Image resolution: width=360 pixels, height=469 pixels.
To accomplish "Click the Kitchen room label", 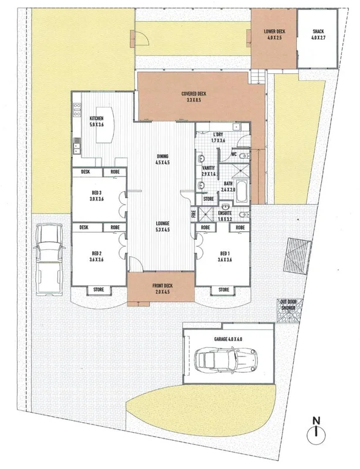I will pos(97,121).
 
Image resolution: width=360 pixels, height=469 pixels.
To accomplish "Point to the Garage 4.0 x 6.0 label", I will pos(228,338).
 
